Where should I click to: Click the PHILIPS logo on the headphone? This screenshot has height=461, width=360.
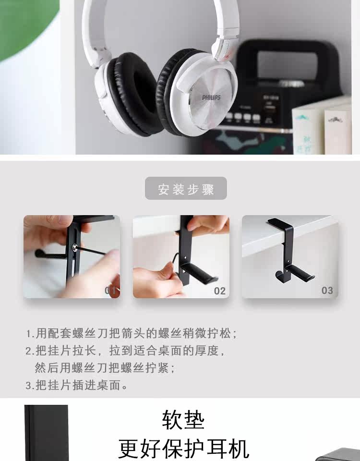(x=211, y=97)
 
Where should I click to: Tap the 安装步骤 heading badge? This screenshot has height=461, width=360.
(x=186, y=188)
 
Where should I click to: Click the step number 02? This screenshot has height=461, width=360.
(x=220, y=291)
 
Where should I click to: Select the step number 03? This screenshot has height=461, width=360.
(x=327, y=291)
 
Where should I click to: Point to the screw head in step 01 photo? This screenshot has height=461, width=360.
(x=75, y=248)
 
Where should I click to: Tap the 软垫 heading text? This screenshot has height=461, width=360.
(x=183, y=420)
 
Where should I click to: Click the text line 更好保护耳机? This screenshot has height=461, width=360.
(x=184, y=449)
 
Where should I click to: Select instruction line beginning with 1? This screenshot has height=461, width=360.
(x=132, y=333)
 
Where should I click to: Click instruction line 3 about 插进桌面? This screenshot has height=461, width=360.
(x=76, y=385)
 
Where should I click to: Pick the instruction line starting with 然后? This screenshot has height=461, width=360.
(x=105, y=368)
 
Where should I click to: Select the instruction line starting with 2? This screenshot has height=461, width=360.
(x=125, y=351)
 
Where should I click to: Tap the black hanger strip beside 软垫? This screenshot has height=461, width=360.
(x=46, y=433)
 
